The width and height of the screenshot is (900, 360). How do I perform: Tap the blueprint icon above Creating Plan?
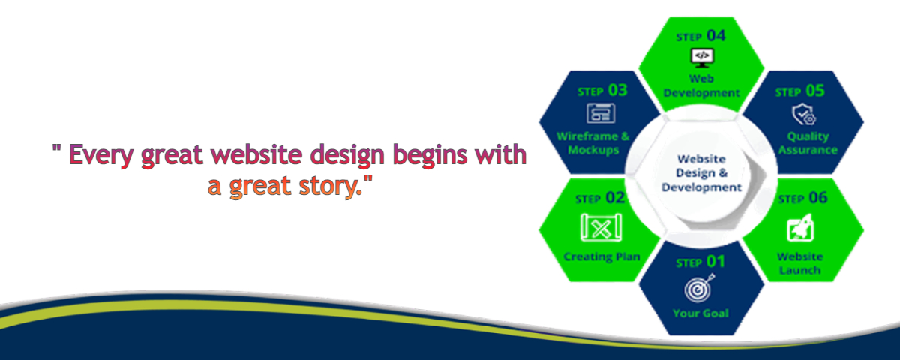pyautogui.click(x=601, y=227)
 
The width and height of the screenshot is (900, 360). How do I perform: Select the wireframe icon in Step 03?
pyautogui.click(x=601, y=113)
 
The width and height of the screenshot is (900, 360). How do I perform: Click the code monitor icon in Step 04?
pyautogui.click(x=702, y=58)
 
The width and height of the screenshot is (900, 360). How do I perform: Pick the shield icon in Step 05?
pyautogui.click(x=803, y=115)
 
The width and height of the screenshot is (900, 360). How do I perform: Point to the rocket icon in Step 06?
pyautogui.click(x=800, y=227)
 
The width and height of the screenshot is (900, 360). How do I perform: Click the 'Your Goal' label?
pyautogui.click(x=700, y=313)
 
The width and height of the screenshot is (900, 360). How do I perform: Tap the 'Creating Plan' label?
pyautogui.click(x=601, y=256)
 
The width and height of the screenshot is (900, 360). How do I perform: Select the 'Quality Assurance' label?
pyautogui.click(x=808, y=143)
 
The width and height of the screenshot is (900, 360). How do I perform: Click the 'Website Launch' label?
pyautogui.click(x=800, y=263)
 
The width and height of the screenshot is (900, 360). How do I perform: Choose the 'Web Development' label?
pyautogui.click(x=701, y=85)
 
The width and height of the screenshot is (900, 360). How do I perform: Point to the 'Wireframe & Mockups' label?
pyautogui.click(x=593, y=143)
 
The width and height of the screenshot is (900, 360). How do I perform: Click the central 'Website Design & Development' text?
pyautogui.click(x=701, y=173)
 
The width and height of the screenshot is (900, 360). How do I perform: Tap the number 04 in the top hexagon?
pyautogui.click(x=716, y=36)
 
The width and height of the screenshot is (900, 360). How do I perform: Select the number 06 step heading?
pyautogui.click(x=818, y=198)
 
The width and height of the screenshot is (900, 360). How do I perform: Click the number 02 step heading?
pyautogui.click(x=615, y=198)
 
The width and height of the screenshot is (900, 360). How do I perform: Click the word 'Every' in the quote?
pyautogui.click(x=101, y=156)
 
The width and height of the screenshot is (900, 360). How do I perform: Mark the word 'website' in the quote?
pyautogui.click(x=256, y=154)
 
